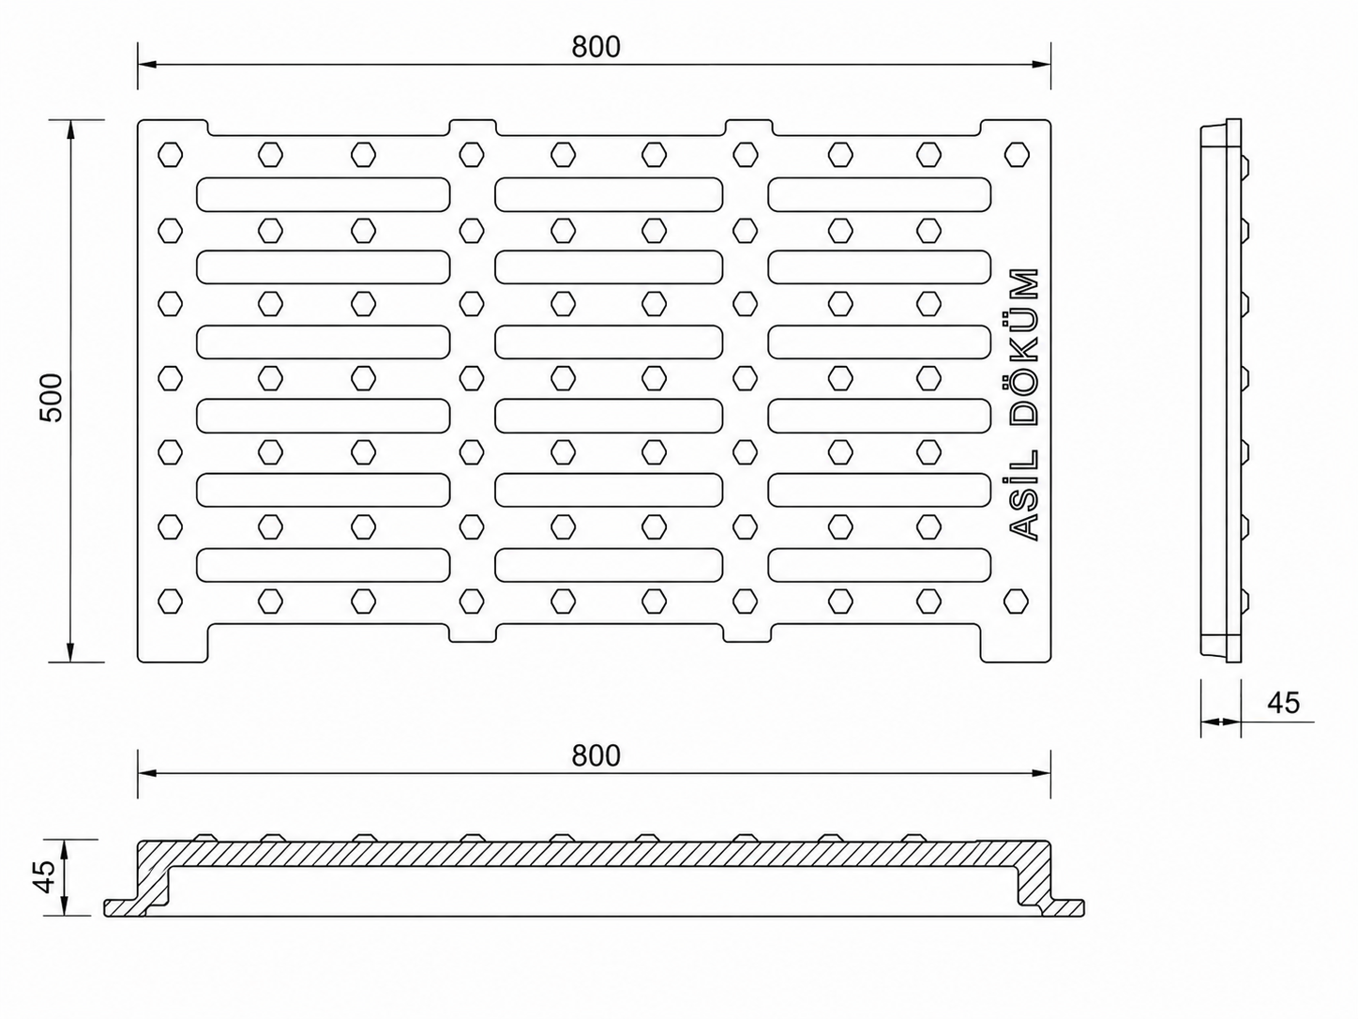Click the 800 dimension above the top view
point(596,47)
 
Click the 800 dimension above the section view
point(596,756)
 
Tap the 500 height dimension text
point(51,397)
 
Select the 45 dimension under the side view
point(1284,702)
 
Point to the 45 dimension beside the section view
point(44,876)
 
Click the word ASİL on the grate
point(1023,495)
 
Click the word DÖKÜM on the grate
point(1023,347)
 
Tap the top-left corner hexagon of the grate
point(170,154)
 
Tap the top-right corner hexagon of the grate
point(1017,154)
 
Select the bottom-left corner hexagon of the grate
point(170,601)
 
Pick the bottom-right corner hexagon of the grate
point(1017,601)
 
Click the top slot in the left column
point(323,194)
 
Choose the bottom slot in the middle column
point(609,565)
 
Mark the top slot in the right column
point(879,194)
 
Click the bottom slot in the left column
point(323,565)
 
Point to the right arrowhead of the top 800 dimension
point(1041,64)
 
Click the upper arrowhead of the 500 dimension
point(70,129)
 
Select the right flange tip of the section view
point(1081,908)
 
